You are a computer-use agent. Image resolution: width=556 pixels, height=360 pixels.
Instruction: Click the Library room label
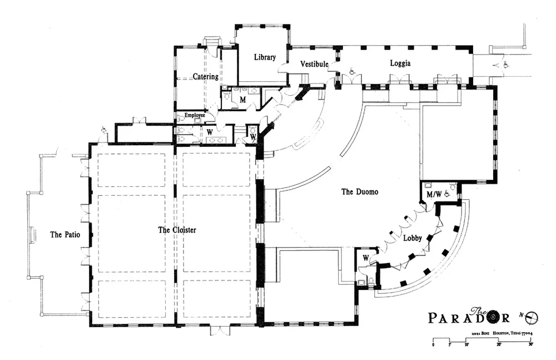[x=265, y=57]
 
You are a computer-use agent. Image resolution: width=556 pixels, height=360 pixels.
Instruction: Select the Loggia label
[x=400, y=63]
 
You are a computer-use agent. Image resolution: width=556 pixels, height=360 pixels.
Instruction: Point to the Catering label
[x=205, y=76]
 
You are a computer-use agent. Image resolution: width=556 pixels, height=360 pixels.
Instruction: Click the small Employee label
[x=191, y=115]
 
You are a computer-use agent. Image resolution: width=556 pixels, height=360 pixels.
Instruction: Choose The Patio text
[x=65, y=235]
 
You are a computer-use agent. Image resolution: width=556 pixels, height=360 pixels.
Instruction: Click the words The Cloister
[x=177, y=229]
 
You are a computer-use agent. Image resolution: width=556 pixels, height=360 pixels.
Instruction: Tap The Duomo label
[x=359, y=192]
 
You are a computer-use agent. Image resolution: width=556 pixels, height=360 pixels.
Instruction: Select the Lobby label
[x=412, y=239]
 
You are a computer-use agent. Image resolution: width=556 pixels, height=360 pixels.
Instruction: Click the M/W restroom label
[x=434, y=195]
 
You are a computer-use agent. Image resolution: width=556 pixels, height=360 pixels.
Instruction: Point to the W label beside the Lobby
[x=366, y=258]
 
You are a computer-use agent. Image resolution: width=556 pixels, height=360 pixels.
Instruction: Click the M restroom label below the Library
[x=242, y=100]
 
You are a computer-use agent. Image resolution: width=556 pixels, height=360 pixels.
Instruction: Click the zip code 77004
[x=525, y=333]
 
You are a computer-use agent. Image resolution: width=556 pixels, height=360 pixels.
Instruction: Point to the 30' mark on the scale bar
[x=531, y=345]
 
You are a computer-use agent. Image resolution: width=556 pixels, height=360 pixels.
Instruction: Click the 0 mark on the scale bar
[x=433, y=345]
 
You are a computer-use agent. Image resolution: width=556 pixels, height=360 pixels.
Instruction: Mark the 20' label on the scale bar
[x=498, y=345]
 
